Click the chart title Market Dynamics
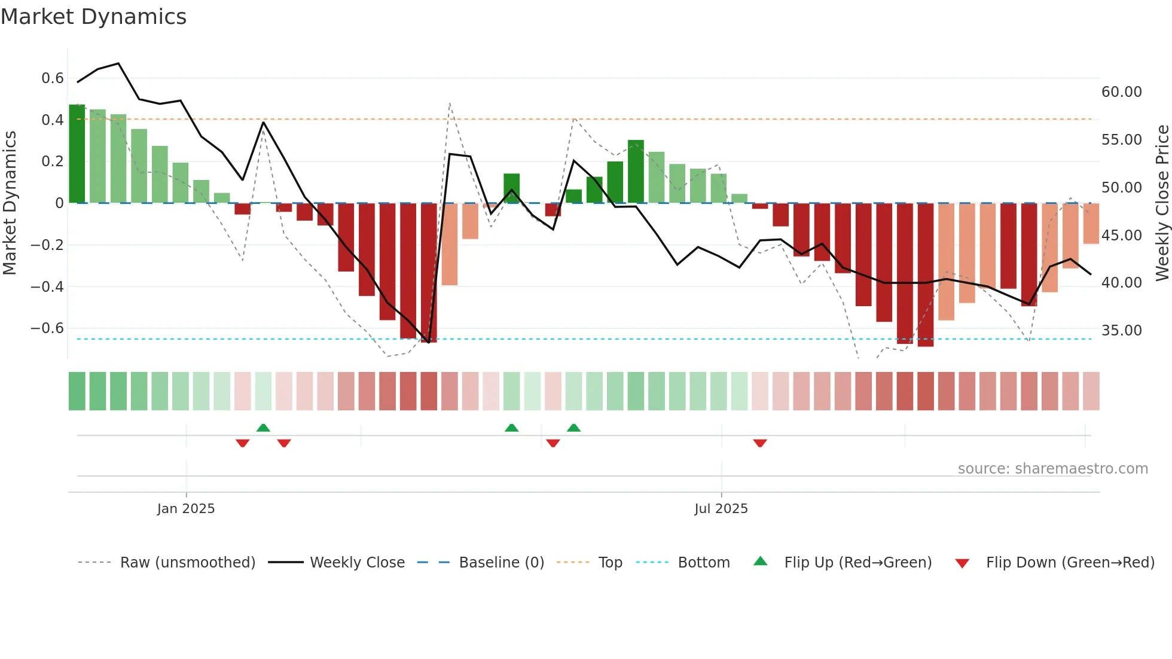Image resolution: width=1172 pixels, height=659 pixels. [x=93, y=17]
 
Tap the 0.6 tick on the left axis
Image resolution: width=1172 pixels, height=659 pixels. [x=53, y=78]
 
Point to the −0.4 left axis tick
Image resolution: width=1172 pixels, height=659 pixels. [x=47, y=286]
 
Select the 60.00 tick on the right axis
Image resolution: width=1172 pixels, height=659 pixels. [x=1121, y=92]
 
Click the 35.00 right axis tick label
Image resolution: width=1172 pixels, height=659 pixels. [x=1121, y=331]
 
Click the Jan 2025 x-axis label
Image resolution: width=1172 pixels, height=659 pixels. [x=185, y=509]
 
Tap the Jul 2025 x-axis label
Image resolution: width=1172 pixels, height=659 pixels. [x=721, y=509]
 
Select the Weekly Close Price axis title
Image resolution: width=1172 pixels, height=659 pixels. [x=1162, y=203]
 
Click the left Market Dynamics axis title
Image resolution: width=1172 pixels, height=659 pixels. [x=10, y=203]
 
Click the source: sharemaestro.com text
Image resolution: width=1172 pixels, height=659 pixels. [x=1052, y=469]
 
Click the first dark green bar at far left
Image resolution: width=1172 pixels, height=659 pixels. [x=77, y=154]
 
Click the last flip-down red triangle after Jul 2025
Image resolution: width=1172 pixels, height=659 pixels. [x=760, y=443]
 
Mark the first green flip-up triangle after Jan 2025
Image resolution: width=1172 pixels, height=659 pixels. [x=263, y=428]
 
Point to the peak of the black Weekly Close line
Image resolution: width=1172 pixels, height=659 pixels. [x=118, y=63]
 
